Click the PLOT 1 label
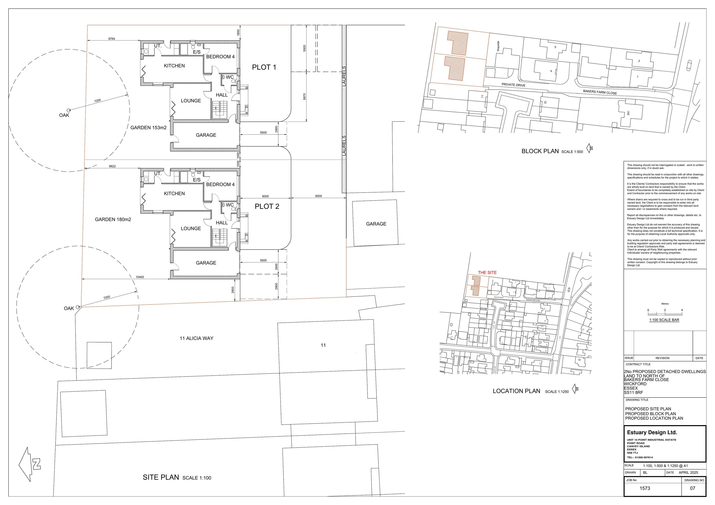click(264, 67)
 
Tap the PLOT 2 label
click(267, 206)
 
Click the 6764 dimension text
click(112, 39)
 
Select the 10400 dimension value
click(140, 277)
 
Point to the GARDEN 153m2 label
click(148, 128)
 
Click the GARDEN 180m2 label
click(113, 219)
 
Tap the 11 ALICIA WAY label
click(196, 338)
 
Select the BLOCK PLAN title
click(540, 151)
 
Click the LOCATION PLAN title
click(516, 391)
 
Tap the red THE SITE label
click(487, 273)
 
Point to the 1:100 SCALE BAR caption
click(664, 320)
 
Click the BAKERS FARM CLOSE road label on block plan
click(600, 92)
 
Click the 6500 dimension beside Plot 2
click(318, 196)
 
